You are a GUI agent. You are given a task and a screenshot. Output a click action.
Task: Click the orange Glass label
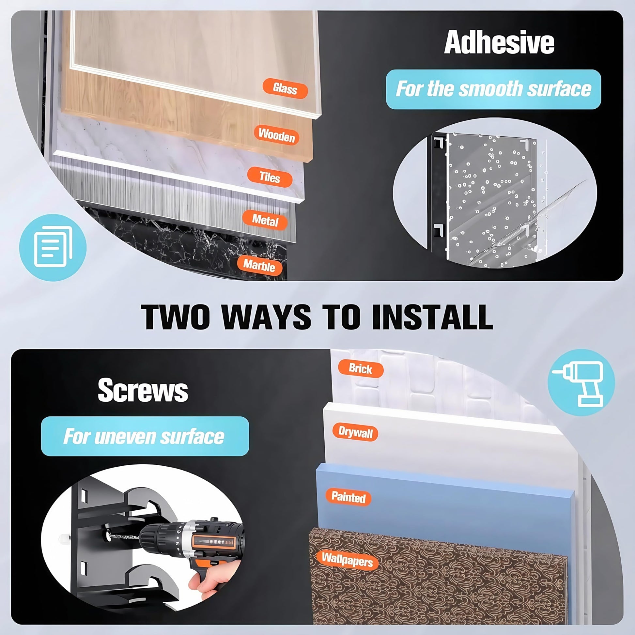(x=285, y=88)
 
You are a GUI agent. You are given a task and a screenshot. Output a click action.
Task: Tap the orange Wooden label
(x=276, y=135)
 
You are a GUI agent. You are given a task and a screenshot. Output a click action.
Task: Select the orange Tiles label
(x=270, y=177)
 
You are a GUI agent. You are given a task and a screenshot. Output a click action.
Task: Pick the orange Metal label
(x=265, y=220)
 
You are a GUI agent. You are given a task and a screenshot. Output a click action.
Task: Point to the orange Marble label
(x=259, y=265)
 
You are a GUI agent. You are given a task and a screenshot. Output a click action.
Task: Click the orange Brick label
(x=361, y=368)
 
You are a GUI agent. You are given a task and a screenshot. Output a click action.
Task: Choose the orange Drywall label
(x=355, y=432)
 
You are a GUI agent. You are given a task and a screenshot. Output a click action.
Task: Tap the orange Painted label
(x=348, y=497)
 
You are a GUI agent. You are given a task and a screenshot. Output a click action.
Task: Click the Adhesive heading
(x=499, y=42)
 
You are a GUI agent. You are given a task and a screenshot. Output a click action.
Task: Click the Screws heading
(x=143, y=390)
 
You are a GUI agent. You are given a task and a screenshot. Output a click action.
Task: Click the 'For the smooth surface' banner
(x=493, y=89)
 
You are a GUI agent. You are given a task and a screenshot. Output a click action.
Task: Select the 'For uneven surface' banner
(x=145, y=436)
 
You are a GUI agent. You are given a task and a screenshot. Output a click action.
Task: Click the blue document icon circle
(x=53, y=247)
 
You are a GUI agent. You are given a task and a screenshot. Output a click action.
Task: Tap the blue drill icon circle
(x=581, y=382)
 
